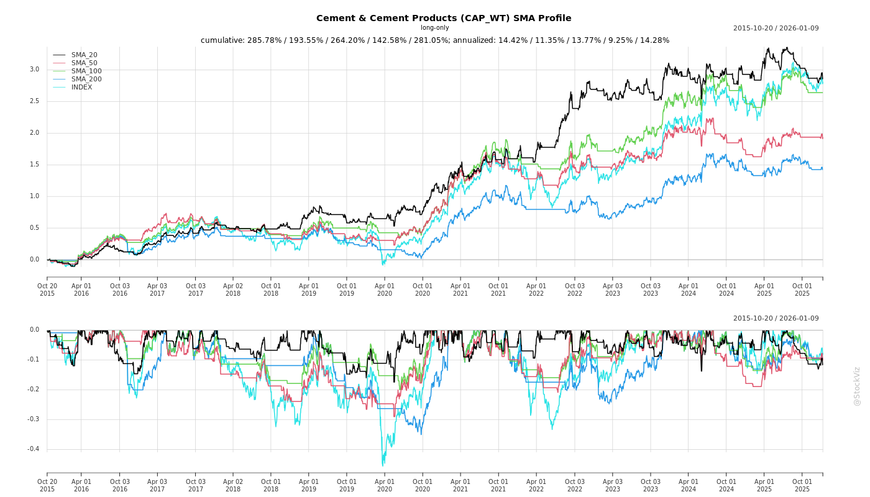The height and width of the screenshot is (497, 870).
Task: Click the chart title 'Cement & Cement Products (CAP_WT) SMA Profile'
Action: tap(443, 18)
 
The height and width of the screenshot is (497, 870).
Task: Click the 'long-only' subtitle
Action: tap(434, 28)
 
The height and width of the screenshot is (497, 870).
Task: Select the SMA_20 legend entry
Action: tap(84, 55)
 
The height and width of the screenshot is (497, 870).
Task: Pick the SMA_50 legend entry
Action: tap(84, 63)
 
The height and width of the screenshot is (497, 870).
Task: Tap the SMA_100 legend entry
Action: tap(86, 71)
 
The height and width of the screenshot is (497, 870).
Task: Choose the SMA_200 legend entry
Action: tap(86, 80)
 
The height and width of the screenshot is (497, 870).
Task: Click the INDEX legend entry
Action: tap(81, 88)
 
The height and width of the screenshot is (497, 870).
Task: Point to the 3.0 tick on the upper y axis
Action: tap(34, 70)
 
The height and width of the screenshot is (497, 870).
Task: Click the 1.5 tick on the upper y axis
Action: tap(34, 165)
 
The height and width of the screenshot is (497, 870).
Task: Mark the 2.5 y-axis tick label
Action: tap(34, 101)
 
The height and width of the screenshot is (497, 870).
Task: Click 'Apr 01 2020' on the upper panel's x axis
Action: tap(385, 290)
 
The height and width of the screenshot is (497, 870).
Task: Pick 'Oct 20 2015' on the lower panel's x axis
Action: tap(47, 485)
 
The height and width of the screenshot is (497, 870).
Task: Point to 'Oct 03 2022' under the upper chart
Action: tap(574, 290)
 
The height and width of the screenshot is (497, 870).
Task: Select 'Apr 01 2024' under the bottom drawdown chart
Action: tap(688, 485)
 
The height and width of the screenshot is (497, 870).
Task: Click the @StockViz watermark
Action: tap(857, 386)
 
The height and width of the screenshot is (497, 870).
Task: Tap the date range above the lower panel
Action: tap(776, 319)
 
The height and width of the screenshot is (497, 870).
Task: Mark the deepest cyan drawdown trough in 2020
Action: tap(382, 465)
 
